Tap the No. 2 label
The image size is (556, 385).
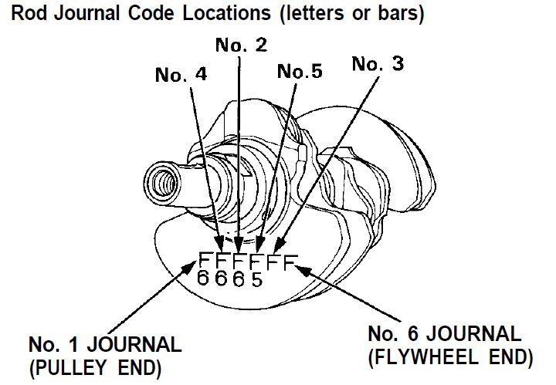point(242,45)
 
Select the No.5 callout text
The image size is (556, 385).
point(300,72)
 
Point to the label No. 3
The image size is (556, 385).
point(378,63)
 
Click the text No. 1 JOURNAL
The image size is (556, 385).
point(105,343)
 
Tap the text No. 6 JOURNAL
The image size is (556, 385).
point(444,335)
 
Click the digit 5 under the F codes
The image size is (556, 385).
point(257,279)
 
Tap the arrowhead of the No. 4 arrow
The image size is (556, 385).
point(221,246)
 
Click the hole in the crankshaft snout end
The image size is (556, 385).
point(164,184)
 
